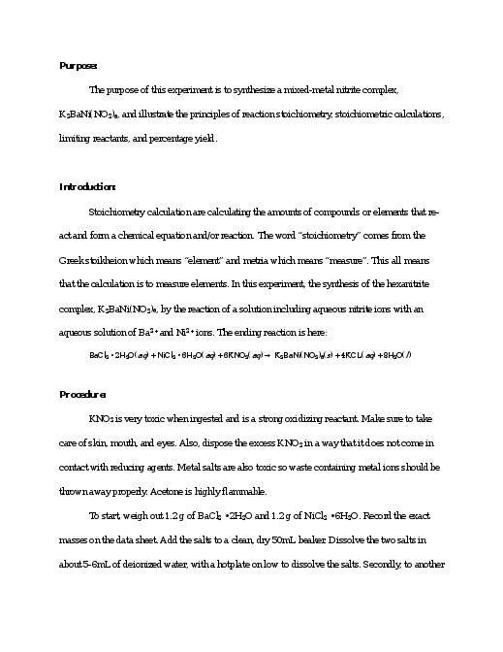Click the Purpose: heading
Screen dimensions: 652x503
pyautogui.click(x=79, y=66)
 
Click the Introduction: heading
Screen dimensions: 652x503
pyautogui.click(x=88, y=186)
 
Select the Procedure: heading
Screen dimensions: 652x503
pyautogui.click(x=83, y=394)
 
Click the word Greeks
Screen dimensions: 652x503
pyautogui.click(x=76, y=260)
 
